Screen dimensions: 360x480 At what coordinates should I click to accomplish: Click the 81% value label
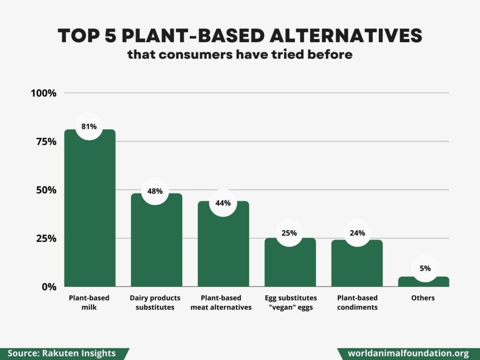click(89, 126)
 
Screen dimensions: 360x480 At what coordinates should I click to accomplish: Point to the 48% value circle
click(155, 191)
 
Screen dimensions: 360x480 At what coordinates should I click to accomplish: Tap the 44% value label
click(223, 203)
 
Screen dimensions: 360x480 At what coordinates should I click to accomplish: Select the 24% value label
click(357, 232)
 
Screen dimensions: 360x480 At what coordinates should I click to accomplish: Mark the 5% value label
click(425, 269)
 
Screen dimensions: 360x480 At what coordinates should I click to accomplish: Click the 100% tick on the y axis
click(44, 93)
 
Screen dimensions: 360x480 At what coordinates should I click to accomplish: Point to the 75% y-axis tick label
click(45, 142)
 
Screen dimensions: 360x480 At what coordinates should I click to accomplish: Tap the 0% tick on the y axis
click(49, 286)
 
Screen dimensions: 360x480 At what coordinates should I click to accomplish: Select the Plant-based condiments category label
click(357, 302)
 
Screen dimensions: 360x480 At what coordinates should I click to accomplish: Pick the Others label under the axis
click(423, 298)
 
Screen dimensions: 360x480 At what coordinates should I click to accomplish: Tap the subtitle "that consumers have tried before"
click(240, 54)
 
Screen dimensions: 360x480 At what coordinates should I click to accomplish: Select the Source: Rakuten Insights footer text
click(61, 353)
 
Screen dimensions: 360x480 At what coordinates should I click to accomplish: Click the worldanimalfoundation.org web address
click(408, 353)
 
